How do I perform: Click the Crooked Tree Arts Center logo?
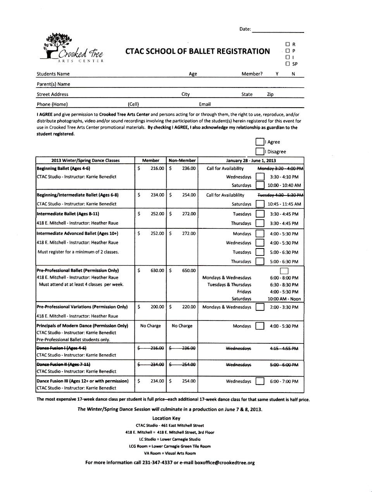coord(72,48)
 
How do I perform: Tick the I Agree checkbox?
coord(260,142)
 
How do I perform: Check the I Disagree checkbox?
coord(260,152)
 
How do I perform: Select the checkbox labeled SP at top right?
coord(288,64)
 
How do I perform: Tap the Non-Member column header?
coord(182,160)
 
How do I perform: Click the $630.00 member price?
coord(151,271)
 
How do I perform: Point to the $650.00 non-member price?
coord(183,271)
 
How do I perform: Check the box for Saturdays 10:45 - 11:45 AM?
coord(260,204)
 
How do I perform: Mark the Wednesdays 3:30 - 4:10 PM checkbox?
coord(260,177)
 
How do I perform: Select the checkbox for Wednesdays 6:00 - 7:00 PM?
coord(260,381)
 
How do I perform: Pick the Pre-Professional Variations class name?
coord(82,307)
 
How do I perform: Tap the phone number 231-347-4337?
coord(157,463)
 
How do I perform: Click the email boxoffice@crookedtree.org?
coord(225,463)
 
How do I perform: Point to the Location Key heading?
coord(166,418)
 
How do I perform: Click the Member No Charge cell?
coord(150,326)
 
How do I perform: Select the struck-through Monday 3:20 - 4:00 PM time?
coord(281,168)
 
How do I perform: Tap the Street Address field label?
coord(52,94)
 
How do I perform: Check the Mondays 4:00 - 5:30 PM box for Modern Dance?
coord(260,326)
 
